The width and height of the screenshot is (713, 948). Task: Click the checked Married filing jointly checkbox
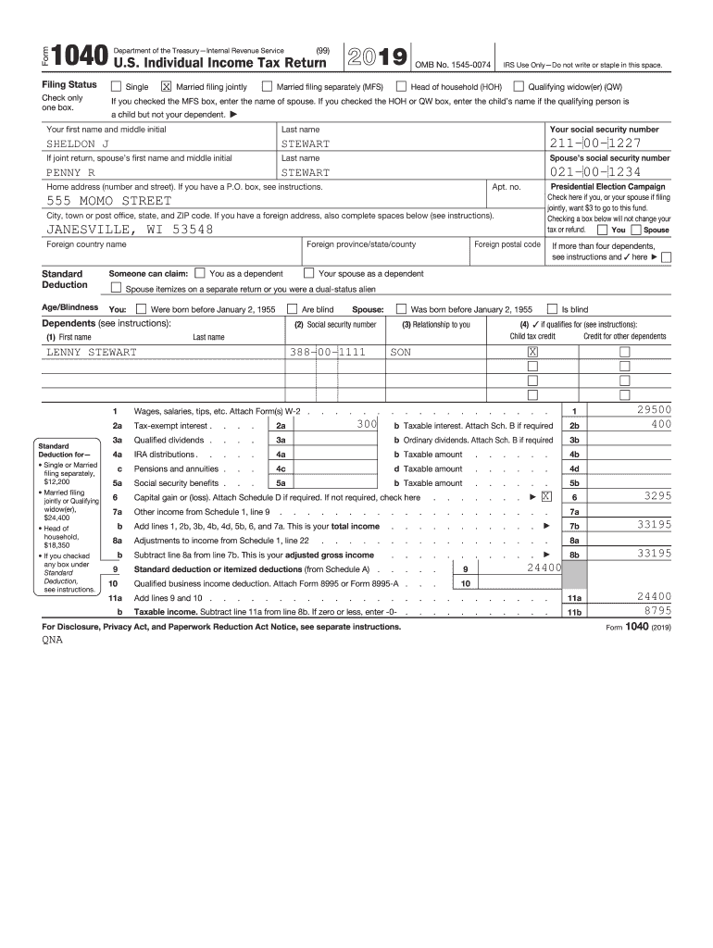click(167, 87)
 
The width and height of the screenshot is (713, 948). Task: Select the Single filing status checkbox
click(116, 87)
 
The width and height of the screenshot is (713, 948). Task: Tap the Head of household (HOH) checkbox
click(402, 87)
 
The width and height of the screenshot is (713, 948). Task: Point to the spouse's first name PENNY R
click(71, 172)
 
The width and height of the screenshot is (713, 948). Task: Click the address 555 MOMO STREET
click(109, 201)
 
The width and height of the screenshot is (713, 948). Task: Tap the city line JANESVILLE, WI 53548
click(130, 230)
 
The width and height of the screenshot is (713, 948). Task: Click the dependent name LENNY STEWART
click(92, 353)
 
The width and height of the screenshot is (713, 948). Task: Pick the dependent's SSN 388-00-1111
click(328, 353)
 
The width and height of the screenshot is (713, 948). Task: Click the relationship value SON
click(400, 353)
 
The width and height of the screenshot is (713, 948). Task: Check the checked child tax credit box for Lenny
click(532, 353)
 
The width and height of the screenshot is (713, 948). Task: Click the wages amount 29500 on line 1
click(654, 409)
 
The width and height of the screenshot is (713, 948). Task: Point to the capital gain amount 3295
click(657, 496)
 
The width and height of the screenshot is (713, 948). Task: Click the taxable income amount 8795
click(657, 611)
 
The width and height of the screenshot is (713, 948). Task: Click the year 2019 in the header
click(376, 57)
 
